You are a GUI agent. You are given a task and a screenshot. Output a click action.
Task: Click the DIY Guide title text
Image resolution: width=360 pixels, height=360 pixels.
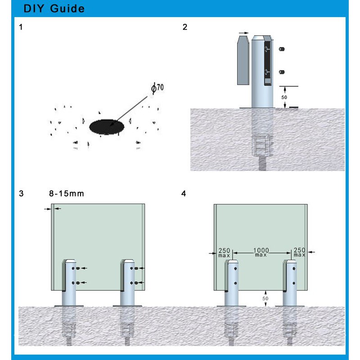pos(54,9)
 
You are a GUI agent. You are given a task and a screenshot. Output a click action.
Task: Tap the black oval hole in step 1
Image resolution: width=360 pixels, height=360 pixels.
pos(107,127)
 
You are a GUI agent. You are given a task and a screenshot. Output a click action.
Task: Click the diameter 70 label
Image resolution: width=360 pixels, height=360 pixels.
pos(157,89)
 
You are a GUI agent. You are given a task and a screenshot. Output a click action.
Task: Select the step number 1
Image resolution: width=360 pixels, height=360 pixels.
pos(21,27)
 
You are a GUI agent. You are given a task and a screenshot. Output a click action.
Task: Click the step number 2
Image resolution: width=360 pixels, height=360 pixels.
pos(185,27)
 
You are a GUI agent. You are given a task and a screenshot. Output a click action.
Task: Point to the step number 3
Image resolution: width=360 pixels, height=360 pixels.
pos(21,194)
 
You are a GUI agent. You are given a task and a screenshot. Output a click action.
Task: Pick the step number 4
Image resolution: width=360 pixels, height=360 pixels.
pos(183,194)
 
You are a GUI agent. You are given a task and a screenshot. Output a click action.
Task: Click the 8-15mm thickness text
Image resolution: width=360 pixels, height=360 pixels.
pos(67,194)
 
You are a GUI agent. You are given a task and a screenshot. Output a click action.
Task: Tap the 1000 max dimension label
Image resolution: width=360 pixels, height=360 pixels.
pos(261,252)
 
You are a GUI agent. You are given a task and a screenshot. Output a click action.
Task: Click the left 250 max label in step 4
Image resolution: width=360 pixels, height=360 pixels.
pos(224,252)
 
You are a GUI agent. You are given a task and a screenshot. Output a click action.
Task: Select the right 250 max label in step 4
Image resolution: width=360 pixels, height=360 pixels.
pos(299,252)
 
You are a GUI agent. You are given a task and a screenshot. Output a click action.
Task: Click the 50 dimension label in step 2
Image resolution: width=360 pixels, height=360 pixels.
pos(284,97)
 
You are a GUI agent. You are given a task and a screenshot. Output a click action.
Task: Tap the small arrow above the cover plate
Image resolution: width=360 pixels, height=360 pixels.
pos(243,33)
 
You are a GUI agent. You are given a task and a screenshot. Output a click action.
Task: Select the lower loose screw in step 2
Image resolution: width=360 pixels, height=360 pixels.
pos(282,71)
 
